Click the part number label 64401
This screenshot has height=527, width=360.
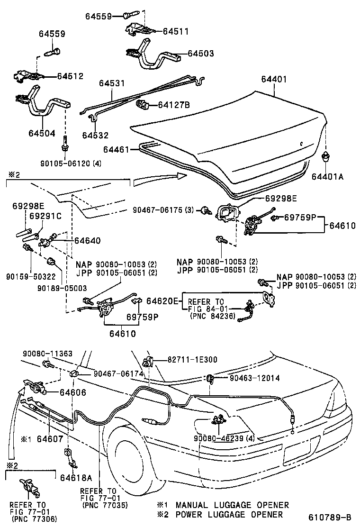[274, 80]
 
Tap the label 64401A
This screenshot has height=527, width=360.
[327, 176]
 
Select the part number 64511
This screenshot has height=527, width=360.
[176, 31]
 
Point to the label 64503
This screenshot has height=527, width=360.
[201, 54]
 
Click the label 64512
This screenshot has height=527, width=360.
[70, 76]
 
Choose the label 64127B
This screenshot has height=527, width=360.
[174, 104]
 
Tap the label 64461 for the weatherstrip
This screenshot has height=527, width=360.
[116, 150]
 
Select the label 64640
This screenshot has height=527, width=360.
[87, 241]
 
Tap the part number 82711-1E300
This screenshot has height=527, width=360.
[192, 360]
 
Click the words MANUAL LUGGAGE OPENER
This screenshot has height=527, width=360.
[232, 505]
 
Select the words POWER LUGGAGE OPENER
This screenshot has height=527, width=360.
[229, 514]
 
